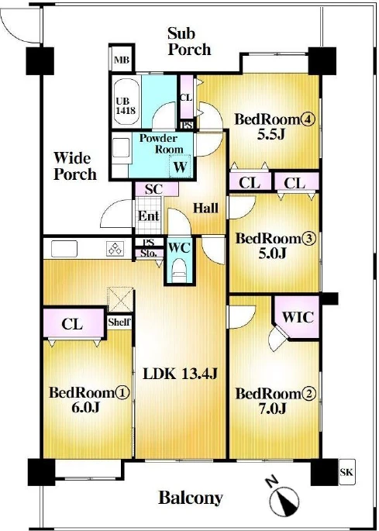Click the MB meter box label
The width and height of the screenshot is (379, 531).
(122, 60)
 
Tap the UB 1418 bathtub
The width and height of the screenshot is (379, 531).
(127, 102)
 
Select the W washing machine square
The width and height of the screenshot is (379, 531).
(180, 166)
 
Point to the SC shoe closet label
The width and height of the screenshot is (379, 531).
(153, 189)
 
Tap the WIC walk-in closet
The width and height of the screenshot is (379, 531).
(298, 317)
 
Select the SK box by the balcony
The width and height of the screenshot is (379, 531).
(346, 472)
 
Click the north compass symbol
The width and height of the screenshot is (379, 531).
(284, 498)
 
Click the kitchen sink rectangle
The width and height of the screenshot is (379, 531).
(64, 249)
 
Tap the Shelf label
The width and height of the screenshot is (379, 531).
(119, 322)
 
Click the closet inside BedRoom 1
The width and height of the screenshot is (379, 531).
(74, 323)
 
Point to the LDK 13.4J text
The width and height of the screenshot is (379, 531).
(180, 374)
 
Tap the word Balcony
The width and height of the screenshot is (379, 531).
(191, 498)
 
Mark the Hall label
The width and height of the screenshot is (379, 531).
(205, 208)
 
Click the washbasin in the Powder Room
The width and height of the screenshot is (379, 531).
(121, 147)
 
